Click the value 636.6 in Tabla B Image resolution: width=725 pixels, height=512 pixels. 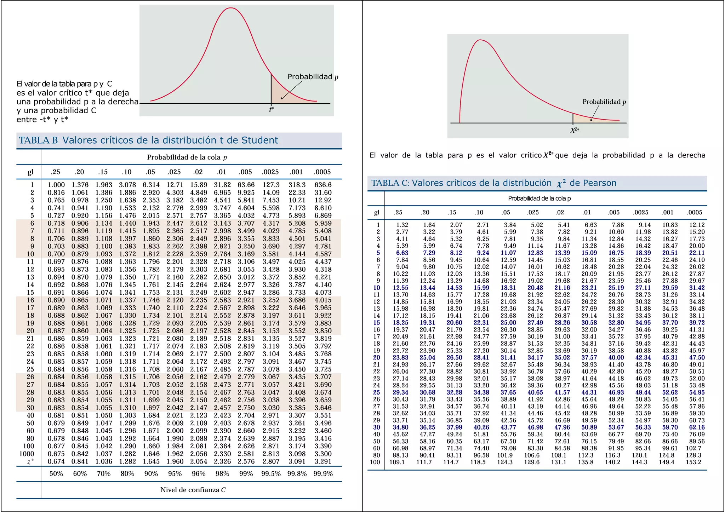pyautogui.click(x=323, y=185)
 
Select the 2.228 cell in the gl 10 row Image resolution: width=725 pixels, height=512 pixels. pyautogui.click(x=175, y=254)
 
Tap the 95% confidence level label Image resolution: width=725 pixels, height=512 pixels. pyautogui.click(x=175, y=474)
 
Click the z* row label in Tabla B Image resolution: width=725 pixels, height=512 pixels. pyautogui.click(x=31, y=462)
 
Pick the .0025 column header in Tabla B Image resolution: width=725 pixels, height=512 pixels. pyautogui.click(x=271, y=172)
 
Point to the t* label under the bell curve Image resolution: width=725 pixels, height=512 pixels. pyautogui.click(x=272, y=110)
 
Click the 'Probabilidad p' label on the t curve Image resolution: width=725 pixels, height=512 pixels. pyautogui.click(x=313, y=77)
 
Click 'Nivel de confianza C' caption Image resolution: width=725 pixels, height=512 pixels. pyautogui.click(x=193, y=490)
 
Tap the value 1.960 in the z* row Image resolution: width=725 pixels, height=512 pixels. pyautogui.click(x=175, y=462)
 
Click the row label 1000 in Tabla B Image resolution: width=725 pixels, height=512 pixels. pyautogui.click(x=27, y=454)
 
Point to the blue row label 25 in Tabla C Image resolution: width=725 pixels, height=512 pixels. pyautogui.click(x=376, y=393)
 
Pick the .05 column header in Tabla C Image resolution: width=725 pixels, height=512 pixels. pyautogui.click(x=506, y=213)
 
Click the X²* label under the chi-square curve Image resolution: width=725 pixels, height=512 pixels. pyautogui.click(x=575, y=130)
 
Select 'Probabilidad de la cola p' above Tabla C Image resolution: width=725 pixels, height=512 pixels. pyautogui.click(x=539, y=199)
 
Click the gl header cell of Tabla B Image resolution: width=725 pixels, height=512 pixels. pyautogui.click(x=30, y=172)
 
